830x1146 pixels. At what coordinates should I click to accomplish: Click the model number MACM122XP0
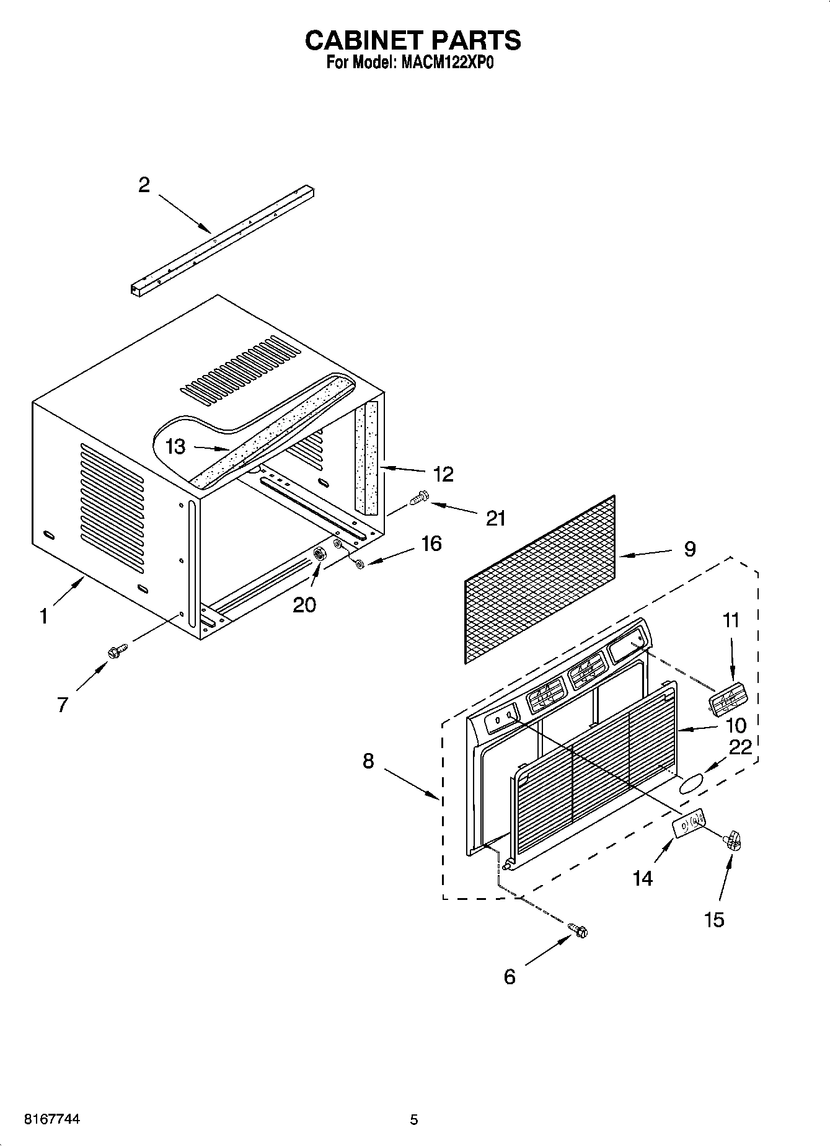tap(447, 63)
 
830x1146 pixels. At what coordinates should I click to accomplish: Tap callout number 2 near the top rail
tap(144, 185)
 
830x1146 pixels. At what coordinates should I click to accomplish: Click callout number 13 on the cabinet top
tap(176, 446)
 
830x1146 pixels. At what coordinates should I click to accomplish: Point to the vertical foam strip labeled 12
tap(371, 459)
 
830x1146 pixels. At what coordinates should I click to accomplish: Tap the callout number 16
tap(431, 544)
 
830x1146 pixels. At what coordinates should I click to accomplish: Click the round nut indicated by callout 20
tap(320, 554)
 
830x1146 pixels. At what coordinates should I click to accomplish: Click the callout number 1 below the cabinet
tap(43, 617)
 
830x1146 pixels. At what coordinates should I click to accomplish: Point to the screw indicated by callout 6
tap(578, 930)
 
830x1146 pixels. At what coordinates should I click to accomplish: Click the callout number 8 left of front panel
tap(368, 760)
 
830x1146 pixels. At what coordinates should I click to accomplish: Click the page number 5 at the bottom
tap(414, 1119)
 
